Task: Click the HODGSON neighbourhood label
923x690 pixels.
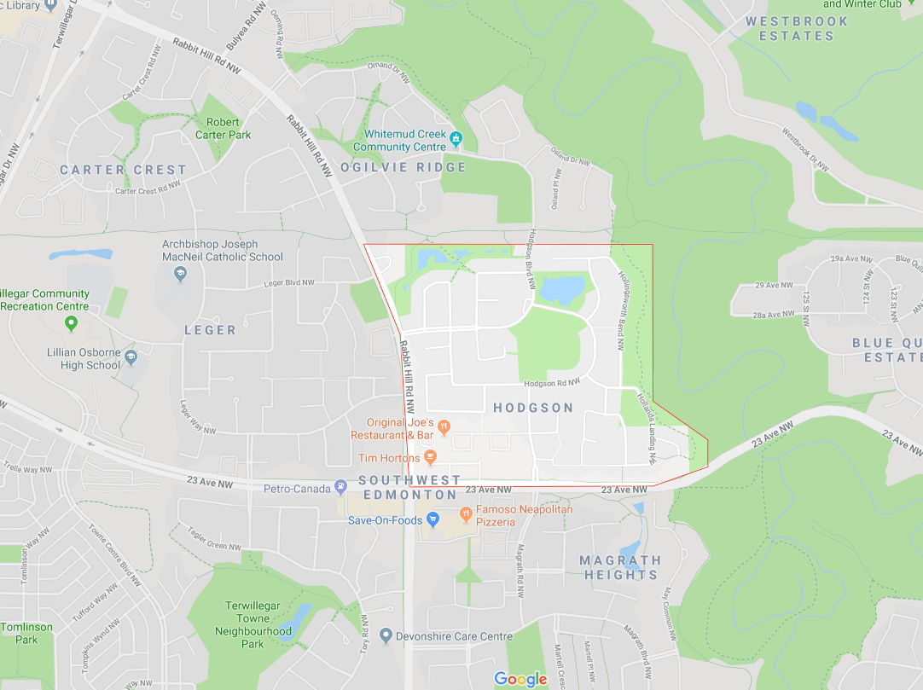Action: click(x=533, y=408)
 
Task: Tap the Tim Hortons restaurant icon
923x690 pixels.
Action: click(x=431, y=458)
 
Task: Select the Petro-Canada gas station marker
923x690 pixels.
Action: click(x=341, y=487)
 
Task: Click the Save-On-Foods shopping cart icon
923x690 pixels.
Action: click(x=432, y=519)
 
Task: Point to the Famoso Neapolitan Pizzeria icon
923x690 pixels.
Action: click(x=466, y=514)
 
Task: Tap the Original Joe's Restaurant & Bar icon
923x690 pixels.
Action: click(x=444, y=427)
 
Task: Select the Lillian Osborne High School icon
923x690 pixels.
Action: click(x=131, y=357)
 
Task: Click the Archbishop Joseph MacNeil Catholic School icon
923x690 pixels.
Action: click(x=180, y=274)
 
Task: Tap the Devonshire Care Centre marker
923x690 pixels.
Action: click(x=386, y=635)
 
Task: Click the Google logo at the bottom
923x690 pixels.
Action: click(x=520, y=679)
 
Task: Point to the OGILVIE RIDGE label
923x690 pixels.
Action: click(x=403, y=167)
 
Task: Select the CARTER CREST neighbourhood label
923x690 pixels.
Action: click(x=123, y=170)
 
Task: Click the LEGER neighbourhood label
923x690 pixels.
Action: click(x=210, y=329)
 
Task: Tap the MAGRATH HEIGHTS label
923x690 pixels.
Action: click(x=620, y=567)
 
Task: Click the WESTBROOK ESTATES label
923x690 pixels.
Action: click(x=797, y=28)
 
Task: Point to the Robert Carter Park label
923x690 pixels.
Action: click(x=223, y=128)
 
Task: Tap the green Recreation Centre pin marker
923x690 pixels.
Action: click(x=72, y=322)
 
